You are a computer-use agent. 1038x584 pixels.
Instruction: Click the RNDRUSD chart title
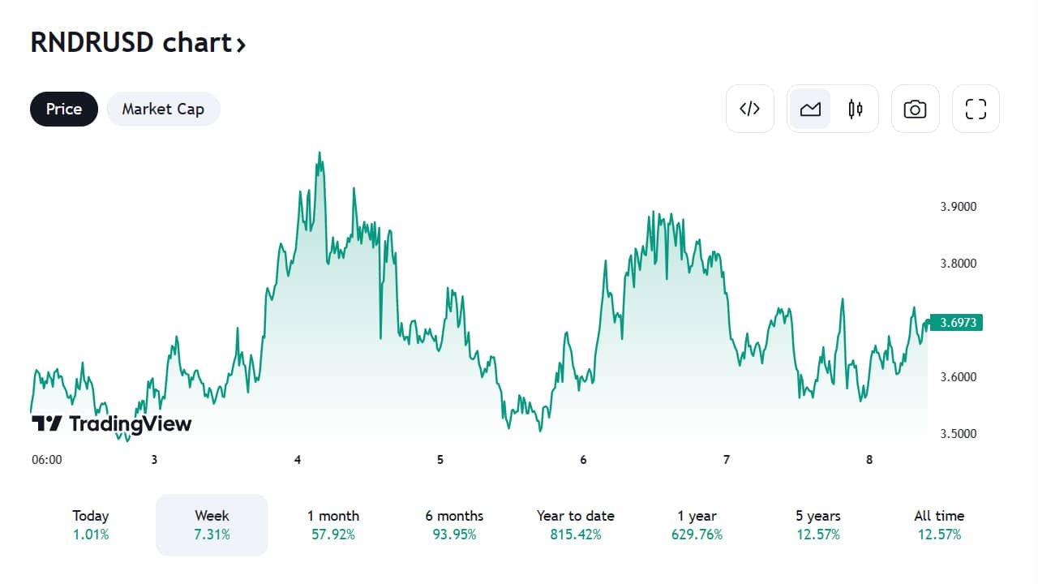coord(138,43)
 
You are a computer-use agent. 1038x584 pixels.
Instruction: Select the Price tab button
coord(64,109)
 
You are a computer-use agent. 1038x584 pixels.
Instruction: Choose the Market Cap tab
coord(163,109)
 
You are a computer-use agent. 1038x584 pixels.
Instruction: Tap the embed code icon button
coord(750,109)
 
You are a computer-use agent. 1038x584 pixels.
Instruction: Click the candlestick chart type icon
coord(856,109)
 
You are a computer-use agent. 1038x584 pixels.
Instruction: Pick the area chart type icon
coord(810,109)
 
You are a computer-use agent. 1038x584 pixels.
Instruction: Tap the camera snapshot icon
coord(916,109)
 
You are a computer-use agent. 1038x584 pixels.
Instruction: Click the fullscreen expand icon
coord(976,109)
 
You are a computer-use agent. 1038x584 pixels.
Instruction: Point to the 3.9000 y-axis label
coord(959,207)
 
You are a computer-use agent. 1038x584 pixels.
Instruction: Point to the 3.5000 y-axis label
coord(959,434)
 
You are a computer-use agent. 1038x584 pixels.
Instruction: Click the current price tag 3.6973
coord(956,323)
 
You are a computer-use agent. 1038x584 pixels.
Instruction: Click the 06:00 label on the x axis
coord(47,460)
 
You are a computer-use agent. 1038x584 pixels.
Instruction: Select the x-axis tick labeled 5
coord(440,460)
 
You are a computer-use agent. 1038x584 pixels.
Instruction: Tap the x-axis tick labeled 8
coord(869,460)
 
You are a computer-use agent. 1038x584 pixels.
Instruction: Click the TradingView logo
coord(111,423)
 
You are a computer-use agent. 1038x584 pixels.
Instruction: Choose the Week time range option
coord(212,525)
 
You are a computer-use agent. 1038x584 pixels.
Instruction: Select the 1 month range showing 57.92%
coord(333,525)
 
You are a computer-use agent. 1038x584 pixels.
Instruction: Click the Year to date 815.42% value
coord(576,535)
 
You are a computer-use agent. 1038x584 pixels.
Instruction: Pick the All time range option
coord(939,525)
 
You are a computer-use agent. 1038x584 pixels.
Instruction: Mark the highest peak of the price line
coord(320,152)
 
